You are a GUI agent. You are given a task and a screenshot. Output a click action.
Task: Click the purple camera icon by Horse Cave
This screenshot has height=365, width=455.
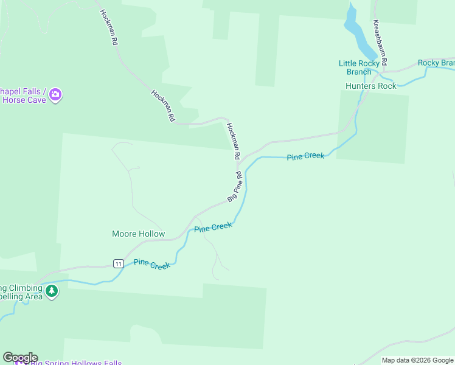coord(55,94)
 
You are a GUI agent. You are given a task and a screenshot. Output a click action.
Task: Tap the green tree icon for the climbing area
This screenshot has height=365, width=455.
coord(52,291)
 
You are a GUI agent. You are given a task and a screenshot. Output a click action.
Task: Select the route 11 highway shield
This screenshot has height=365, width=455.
coord(118,263)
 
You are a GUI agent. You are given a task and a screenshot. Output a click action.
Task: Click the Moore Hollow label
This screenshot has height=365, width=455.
coord(138,234)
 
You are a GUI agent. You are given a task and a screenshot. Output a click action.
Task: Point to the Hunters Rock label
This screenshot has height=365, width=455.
coord(370,86)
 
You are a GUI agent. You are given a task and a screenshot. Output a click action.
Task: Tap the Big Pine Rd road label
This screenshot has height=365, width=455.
coord(235,187)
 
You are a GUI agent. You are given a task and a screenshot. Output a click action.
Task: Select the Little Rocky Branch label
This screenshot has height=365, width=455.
coord(359,68)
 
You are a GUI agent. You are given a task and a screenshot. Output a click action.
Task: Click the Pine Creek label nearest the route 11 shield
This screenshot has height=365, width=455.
coord(152,264)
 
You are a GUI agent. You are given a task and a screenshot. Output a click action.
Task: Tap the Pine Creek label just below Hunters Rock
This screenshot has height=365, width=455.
coord(305,156)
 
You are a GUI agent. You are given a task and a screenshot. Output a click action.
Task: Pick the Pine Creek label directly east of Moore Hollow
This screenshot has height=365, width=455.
coord(213,228)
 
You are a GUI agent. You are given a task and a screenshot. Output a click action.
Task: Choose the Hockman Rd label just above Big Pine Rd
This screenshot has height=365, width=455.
coord(234,140)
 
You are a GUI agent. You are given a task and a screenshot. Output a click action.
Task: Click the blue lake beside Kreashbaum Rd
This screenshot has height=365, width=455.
coord(358,33)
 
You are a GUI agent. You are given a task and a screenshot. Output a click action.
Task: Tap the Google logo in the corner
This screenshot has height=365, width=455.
coord(20,358)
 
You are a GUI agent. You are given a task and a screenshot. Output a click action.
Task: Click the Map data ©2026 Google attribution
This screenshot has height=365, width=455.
coord(417,360)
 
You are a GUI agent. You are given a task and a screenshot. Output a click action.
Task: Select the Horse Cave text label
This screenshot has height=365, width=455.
coord(24,100)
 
